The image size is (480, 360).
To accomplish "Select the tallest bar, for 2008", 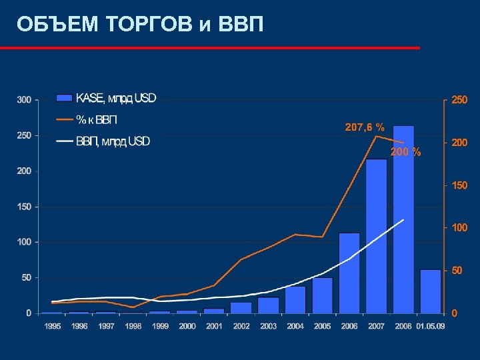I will coord(403,219).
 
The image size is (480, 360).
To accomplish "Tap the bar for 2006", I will coord(349,273).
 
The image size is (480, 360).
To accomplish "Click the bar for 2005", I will coord(323,295).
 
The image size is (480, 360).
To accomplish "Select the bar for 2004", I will coord(295,299).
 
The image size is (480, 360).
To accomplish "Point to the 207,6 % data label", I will coord(364,127).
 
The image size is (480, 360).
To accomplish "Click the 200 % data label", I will coord(405,152).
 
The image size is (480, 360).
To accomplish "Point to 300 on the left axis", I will coord(24,100).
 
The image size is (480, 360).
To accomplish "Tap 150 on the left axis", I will coord(24,207).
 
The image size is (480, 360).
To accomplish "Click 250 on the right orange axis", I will coord(459,100).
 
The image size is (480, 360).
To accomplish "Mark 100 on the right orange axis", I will coord(459,228).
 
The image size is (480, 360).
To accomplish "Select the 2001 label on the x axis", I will coord(214,326).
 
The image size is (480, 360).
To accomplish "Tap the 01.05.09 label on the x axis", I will coord(431,326).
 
